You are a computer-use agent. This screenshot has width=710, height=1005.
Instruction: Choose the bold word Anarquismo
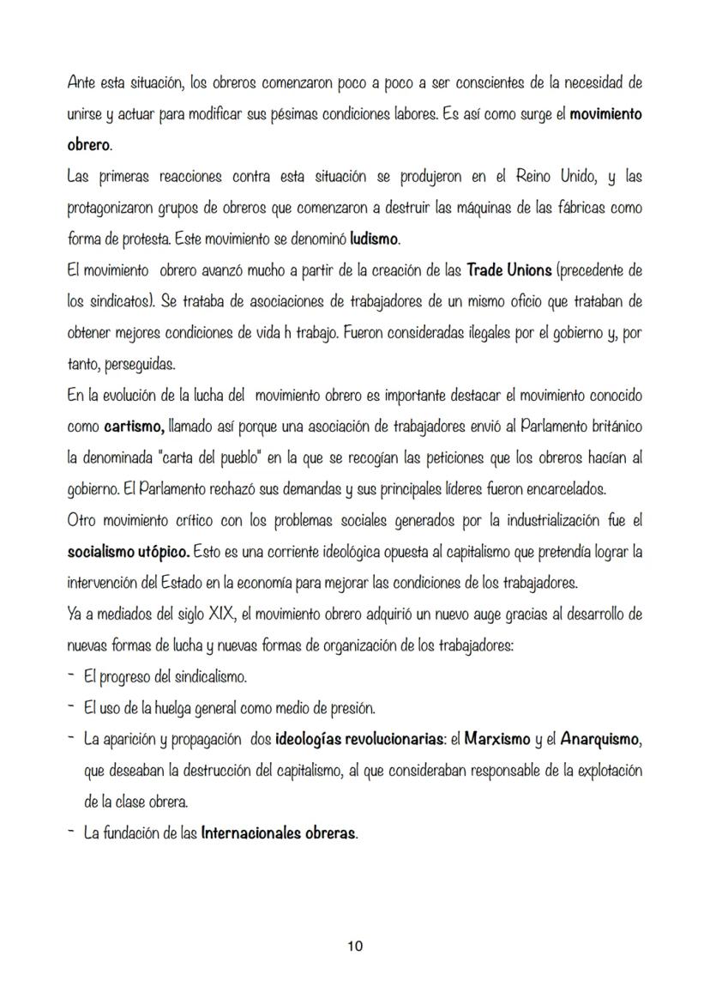point(597,738)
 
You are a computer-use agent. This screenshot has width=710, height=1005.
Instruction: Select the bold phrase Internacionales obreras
point(278,833)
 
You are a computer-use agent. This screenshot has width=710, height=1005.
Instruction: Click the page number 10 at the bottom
point(355,947)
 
